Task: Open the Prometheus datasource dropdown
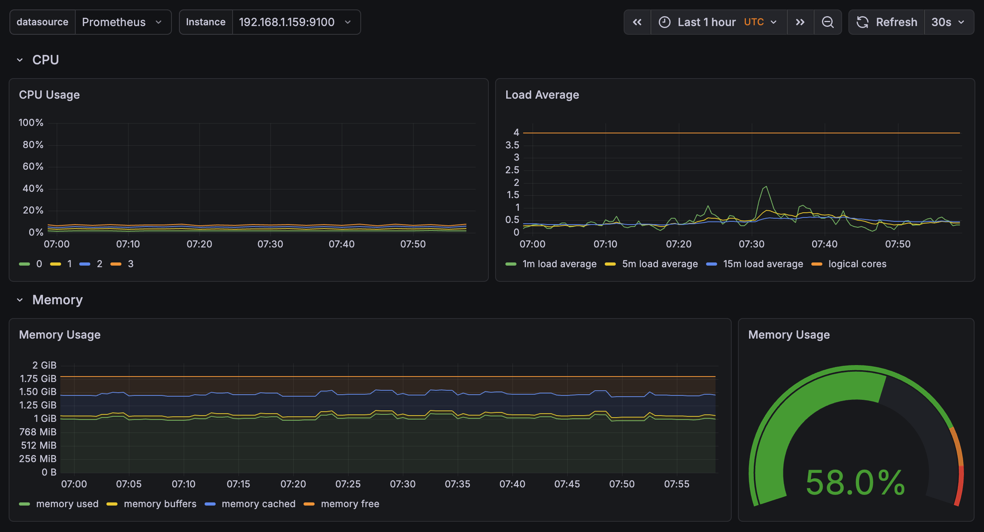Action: pyautogui.click(x=122, y=22)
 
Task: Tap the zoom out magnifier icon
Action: pyautogui.click(x=827, y=22)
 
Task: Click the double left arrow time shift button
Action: pyautogui.click(x=637, y=22)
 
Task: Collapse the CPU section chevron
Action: pyautogui.click(x=20, y=60)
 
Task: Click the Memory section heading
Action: pyautogui.click(x=58, y=300)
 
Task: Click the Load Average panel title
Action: pyautogui.click(x=542, y=95)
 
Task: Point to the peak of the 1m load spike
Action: pyautogui.click(x=766, y=186)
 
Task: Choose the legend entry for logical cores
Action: pyautogui.click(x=857, y=264)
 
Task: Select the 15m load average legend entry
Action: pyautogui.click(x=762, y=264)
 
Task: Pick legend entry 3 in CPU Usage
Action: pyautogui.click(x=130, y=264)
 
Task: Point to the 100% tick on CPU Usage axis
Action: pyautogui.click(x=31, y=123)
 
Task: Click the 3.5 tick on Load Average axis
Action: pyautogui.click(x=512, y=145)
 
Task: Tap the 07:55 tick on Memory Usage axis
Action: pyautogui.click(x=676, y=484)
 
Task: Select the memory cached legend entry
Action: pyautogui.click(x=258, y=504)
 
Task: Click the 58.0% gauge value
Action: pyautogui.click(x=855, y=483)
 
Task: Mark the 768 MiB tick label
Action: pyautogui.click(x=38, y=432)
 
